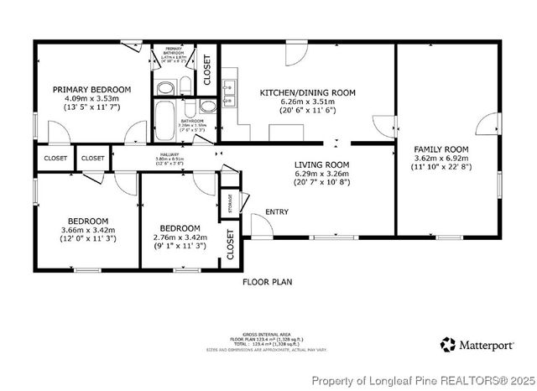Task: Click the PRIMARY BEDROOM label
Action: (x=91, y=90)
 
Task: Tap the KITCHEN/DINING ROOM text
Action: (x=307, y=92)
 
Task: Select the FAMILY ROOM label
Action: (x=441, y=149)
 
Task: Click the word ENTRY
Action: (x=276, y=211)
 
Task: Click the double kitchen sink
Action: (x=228, y=91)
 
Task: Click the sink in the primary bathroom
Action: (x=165, y=87)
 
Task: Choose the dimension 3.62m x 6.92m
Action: (x=441, y=158)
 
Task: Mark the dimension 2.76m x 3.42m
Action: (x=180, y=237)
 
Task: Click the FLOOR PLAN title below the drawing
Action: (x=267, y=283)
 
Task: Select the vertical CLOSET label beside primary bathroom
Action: (x=207, y=70)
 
